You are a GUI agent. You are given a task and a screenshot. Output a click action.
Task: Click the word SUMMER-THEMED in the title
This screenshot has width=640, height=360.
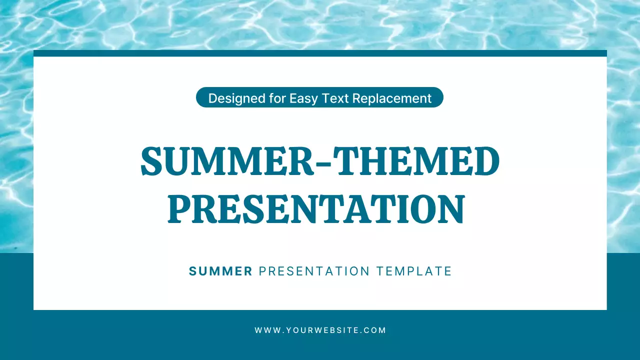(320, 161)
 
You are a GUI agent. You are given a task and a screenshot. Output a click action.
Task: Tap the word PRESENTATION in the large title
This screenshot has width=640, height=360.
(316, 209)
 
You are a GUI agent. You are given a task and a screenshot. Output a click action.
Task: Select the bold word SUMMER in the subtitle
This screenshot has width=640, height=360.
(220, 271)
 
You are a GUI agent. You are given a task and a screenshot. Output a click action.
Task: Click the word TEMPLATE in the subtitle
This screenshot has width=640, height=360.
(414, 271)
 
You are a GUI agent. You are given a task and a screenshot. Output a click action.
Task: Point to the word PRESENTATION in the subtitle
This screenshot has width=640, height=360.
(314, 271)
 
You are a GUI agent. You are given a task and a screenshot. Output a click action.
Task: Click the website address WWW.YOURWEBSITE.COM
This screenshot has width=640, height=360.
(320, 330)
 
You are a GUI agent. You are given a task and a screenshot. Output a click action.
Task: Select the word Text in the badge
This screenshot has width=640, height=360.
(334, 98)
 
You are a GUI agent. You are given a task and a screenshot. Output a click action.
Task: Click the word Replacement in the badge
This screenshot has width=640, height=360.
(391, 98)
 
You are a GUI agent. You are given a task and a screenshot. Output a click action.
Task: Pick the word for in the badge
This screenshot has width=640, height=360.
(275, 98)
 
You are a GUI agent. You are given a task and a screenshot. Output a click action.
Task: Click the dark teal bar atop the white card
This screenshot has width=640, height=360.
(320, 53)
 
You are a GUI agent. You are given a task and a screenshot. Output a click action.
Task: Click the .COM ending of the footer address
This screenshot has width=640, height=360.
(375, 330)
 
